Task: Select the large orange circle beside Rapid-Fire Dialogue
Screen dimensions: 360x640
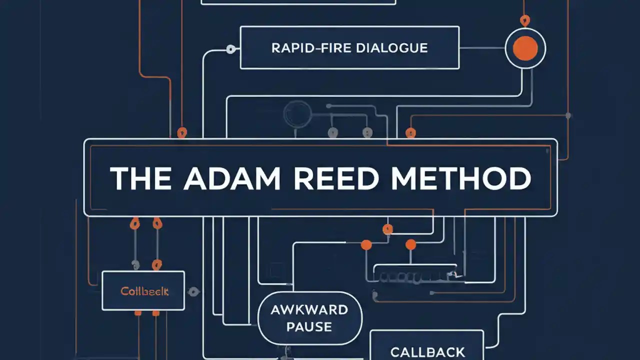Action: point(525,48)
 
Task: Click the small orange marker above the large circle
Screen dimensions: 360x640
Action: point(524,21)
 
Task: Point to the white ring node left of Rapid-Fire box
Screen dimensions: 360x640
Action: point(230,49)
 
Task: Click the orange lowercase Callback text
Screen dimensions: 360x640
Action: point(144,291)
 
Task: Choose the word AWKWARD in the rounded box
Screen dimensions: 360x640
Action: point(309,309)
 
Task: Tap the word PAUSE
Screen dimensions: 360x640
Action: point(309,327)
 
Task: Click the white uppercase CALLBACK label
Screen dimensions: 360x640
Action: point(427,352)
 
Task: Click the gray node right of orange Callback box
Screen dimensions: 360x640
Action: point(194,291)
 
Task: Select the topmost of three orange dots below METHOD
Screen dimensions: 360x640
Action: point(387,229)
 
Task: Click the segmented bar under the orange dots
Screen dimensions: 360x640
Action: point(415,274)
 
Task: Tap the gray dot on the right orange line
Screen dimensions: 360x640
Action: point(568,115)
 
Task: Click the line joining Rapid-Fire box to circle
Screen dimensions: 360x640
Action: point(481,48)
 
